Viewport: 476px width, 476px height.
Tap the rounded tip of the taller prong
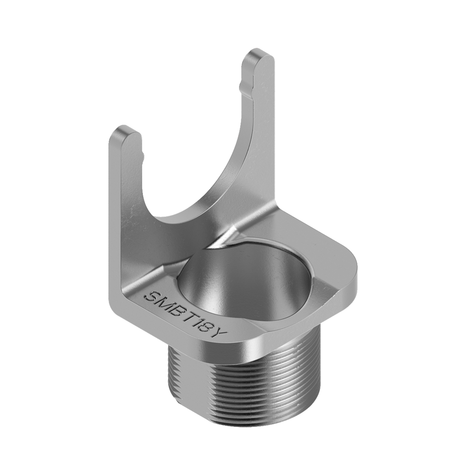[x=258, y=55]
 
